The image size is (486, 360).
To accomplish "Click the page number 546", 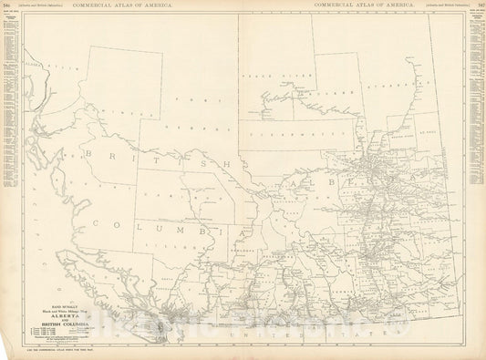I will (x=9, y=5).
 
